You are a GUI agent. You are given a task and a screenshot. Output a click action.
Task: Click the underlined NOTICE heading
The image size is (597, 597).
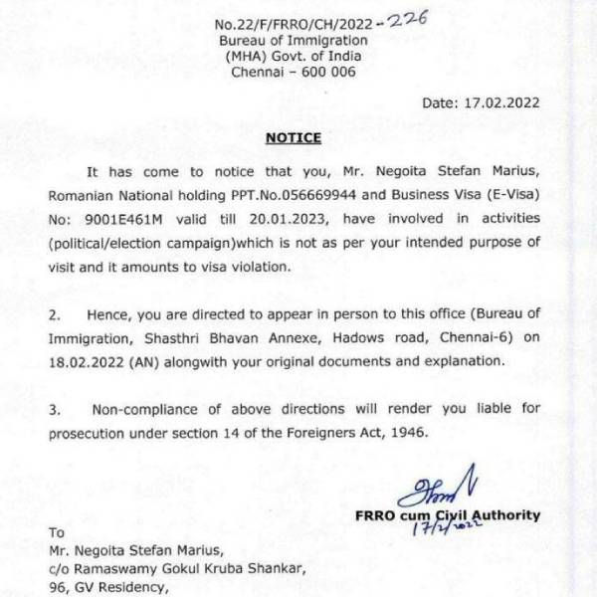tap(294, 136)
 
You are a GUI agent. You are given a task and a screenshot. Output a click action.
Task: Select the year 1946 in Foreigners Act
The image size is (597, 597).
tap(407, 431)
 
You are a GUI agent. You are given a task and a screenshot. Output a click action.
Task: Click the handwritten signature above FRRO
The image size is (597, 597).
tap(422, 493)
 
